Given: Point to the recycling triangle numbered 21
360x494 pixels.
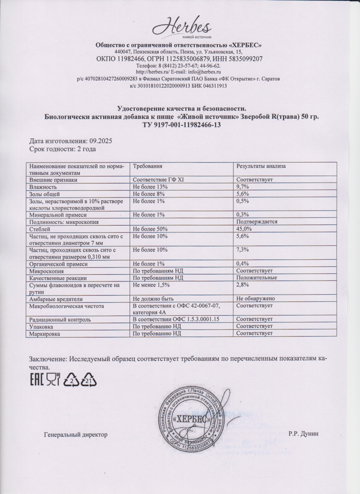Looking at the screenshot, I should click(x=89, y=380).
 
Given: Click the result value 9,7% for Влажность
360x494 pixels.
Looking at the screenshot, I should click(x=242, y=187).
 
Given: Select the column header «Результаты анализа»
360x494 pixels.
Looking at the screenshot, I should click(x=261, y=166).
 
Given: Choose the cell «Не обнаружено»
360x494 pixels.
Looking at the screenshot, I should click(x=256, y=298).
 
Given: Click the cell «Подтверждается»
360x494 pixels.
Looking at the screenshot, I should click(x=257, y=222).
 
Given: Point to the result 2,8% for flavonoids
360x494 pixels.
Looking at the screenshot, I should click(x=242, y=285).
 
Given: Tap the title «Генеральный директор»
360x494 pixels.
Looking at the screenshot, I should click(x=76, y=434).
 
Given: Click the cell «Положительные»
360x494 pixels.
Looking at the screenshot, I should click(x=257, y=278).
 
